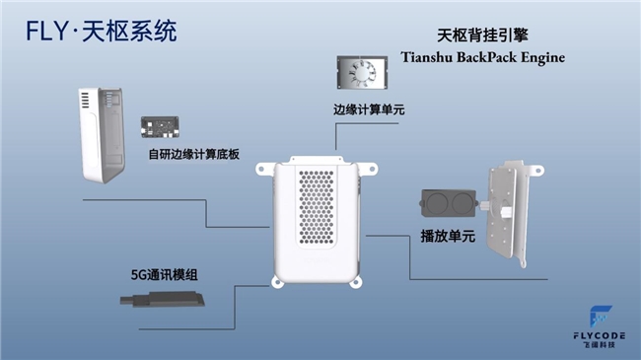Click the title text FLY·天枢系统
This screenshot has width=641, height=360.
tap(102, 31)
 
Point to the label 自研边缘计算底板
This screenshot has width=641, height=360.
tap(195, 154)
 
